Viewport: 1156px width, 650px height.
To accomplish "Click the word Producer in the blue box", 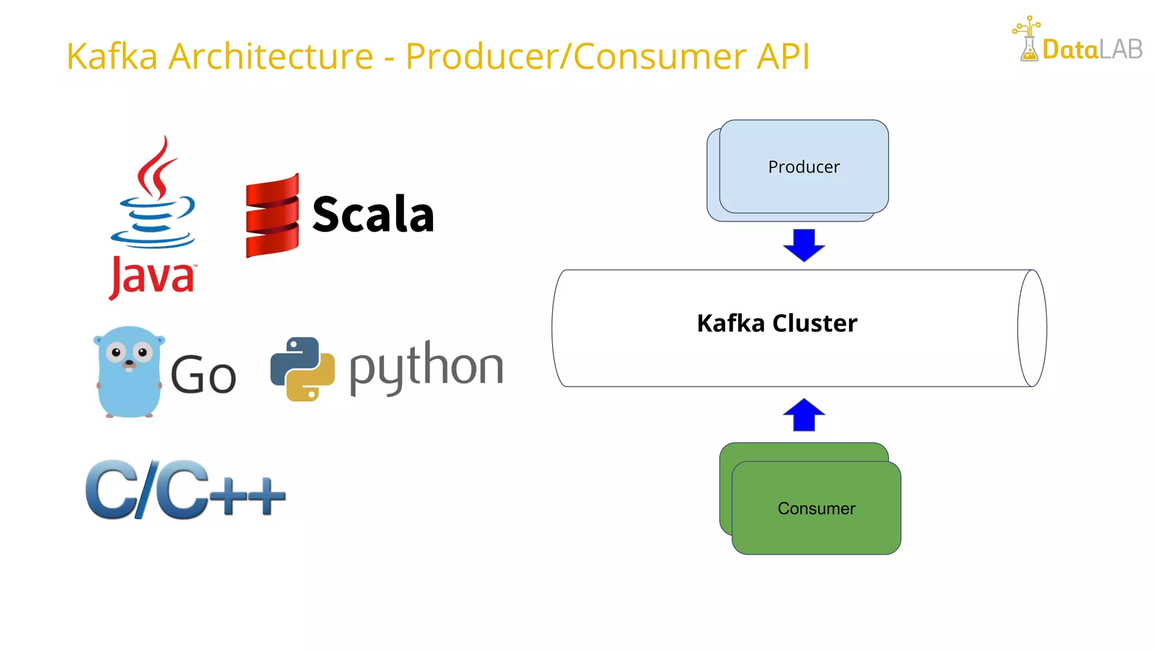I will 804,167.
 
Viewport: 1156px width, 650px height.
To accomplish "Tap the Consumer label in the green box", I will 816,508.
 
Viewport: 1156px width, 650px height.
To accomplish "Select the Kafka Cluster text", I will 777,323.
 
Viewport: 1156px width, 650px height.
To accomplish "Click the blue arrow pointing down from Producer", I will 804,244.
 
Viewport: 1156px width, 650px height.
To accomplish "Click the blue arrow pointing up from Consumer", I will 804,415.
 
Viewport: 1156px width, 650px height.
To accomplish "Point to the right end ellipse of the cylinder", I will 1032,328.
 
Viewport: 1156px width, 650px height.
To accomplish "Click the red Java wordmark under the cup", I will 152,276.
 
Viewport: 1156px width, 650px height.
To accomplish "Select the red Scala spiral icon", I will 272,216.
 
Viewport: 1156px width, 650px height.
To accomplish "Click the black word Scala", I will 373,214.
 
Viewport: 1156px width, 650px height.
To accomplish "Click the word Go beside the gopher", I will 203,375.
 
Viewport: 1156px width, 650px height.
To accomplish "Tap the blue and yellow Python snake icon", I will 303,369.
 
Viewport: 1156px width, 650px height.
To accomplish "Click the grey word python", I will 426,367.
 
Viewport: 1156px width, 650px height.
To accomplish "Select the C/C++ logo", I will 185,489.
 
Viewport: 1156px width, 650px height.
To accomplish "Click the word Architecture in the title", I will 271,56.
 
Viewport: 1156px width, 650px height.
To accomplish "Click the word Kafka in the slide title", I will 112,56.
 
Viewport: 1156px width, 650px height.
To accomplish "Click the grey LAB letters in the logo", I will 1121,50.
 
